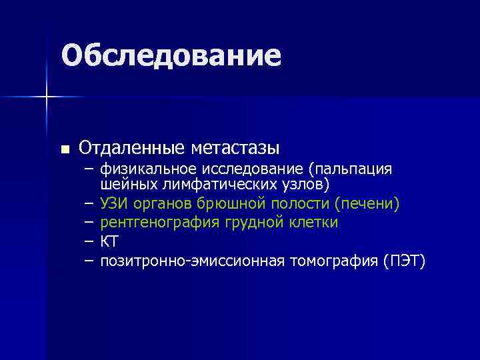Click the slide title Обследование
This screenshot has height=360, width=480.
click(x=171, y=56)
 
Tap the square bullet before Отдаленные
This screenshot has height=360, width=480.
click(x=64, y=149)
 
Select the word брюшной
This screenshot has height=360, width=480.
click(x=228, y=202)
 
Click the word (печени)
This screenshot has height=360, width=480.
click(x=367, y=202)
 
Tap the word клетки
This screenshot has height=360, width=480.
click(x=315, y=222)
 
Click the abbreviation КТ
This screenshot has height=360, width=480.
click(x=109, y=241)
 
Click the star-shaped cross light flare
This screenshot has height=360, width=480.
click(x=47, y=97)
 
